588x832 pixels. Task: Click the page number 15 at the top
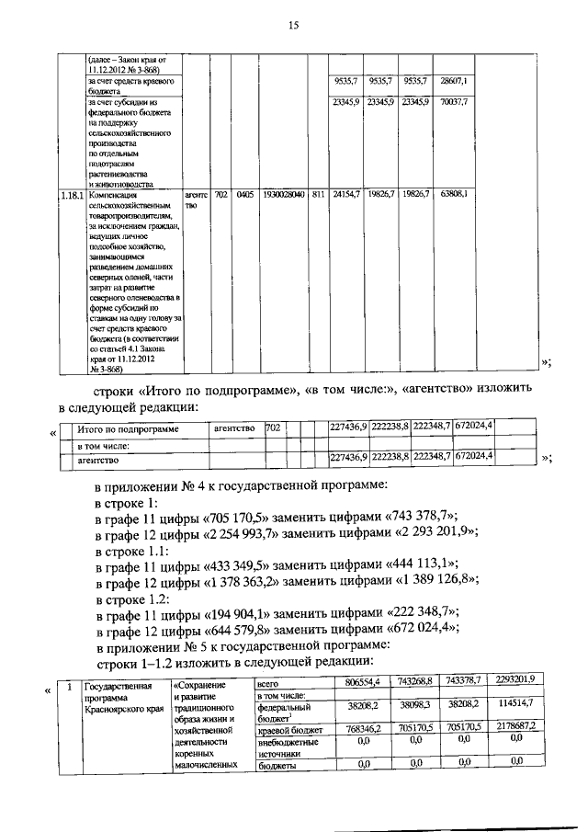click(x=294, y=26)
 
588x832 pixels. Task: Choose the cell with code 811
click(x=318, y=195)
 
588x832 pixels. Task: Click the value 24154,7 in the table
click(x=346, y=195)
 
